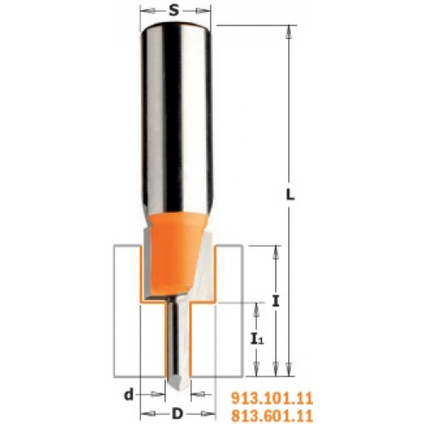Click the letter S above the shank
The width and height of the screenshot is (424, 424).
click(174, 11)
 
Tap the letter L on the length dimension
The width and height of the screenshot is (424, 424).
click(290, 195)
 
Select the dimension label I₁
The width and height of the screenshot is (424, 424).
click(257, 338)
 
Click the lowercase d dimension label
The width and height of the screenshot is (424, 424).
click(129, 394)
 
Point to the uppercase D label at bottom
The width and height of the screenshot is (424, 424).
click(177, 414)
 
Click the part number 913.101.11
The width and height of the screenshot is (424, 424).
click(272, 399)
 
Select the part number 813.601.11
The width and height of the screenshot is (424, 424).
click(272, 416)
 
